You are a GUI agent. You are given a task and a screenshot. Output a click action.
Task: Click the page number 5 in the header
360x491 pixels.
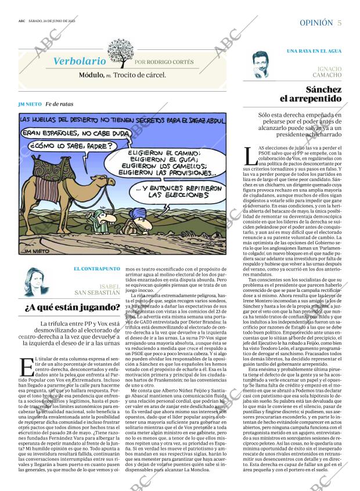pos(339,22)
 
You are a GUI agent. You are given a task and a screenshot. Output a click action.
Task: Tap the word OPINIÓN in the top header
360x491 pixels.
pos(316,22)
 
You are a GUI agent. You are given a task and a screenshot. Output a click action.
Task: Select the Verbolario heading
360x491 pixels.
pos(80,61)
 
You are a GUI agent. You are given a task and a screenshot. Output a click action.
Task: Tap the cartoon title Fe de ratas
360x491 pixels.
pos(60,104)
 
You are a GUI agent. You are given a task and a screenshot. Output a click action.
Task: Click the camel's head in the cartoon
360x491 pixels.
pos(109,184)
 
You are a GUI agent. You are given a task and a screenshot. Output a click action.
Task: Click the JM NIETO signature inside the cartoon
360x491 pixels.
pos(34,251)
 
